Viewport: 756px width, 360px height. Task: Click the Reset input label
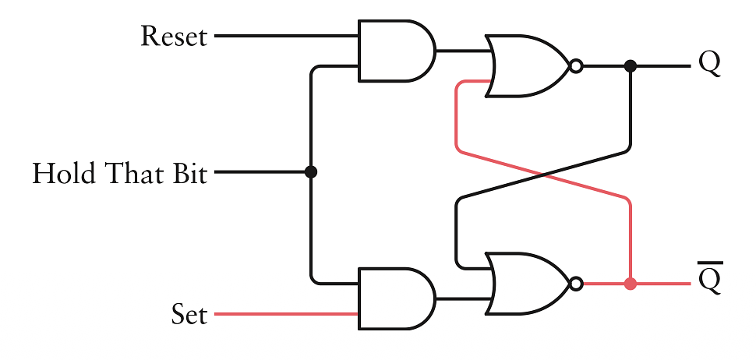click(174, 37)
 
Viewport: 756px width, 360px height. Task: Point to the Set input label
click(189, 315)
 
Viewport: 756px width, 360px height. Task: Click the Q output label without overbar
click(709, 64)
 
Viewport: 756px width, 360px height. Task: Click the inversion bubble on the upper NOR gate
click(576, 66)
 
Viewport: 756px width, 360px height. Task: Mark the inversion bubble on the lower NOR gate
click(576, 284)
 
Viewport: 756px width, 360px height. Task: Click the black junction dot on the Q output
click(631, 66)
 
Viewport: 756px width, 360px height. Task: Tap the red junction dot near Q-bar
click(631, 284)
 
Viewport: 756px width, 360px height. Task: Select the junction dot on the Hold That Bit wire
click(311, 172)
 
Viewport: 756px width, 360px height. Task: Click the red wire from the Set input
click(284, 314)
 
